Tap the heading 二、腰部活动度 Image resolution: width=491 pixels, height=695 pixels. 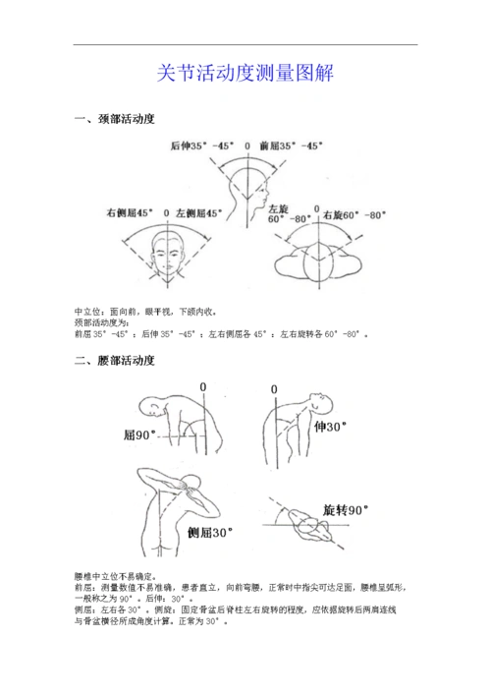[115, 362]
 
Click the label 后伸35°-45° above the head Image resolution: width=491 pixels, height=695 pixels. [201, 145]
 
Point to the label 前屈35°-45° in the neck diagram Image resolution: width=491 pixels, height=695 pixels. [291, 145]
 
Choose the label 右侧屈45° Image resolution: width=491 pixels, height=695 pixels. [132, 212]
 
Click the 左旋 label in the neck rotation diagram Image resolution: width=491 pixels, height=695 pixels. [279, 210]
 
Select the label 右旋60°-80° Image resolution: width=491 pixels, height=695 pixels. [355, 213]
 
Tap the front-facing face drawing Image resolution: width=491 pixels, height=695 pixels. [168, 254]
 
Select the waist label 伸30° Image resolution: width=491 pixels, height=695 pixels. [331, 427]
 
